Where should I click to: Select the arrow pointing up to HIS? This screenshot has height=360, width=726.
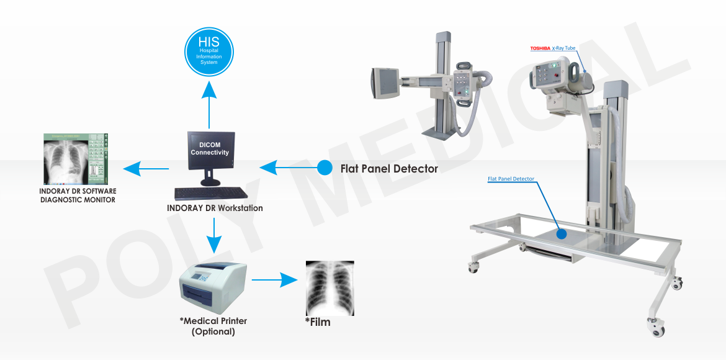(208, 106)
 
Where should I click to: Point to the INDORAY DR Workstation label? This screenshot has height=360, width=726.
(215, 208)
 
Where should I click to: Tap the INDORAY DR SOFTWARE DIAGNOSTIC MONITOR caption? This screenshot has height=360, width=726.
(78, 196)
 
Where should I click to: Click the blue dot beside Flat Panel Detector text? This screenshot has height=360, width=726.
(324, 168)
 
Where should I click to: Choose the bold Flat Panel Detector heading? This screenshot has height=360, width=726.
(389, 169)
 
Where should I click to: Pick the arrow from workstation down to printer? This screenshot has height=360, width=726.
(213, 236)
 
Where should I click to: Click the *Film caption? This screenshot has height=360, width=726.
(318, 322)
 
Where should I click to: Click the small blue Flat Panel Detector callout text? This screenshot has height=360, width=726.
(511, 179)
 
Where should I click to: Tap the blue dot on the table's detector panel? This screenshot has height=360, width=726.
(562, 234)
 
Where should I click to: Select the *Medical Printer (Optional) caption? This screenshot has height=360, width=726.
(213, 326)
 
